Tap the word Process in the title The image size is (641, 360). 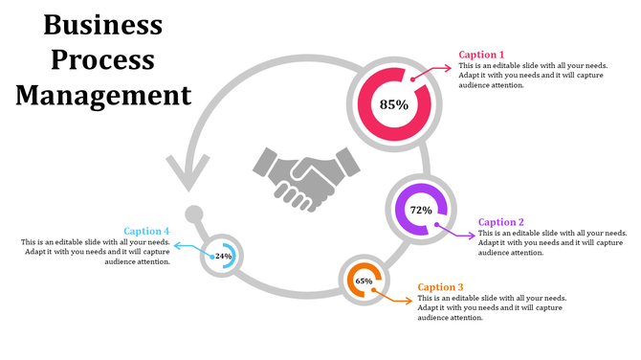point(103,59)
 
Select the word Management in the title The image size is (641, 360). point(103,95)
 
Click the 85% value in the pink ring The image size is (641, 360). point(393,103)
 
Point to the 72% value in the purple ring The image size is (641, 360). point(421,210)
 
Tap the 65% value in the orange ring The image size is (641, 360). point(364,281)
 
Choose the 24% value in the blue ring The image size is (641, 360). point(223,257)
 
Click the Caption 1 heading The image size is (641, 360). point(481,55)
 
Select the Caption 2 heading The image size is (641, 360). point(500,222)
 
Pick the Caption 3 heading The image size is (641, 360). point(441,287)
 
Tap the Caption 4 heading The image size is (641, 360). point(146,231)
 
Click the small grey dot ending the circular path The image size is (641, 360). point(194,213)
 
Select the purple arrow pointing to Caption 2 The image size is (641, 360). point(456,231)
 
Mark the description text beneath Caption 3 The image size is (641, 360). point(493,308)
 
